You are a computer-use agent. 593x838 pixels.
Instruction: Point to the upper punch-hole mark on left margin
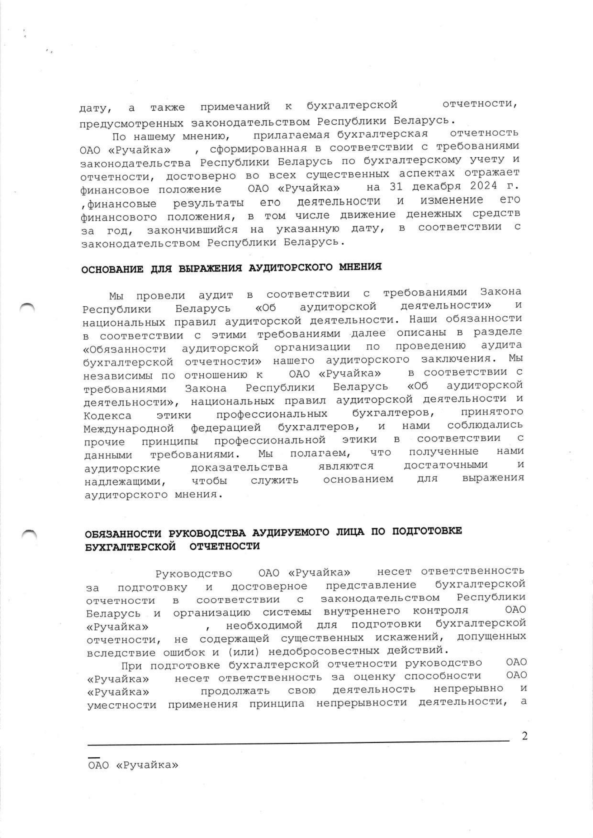point(28,308)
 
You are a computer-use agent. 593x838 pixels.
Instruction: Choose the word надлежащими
point(125,482)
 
